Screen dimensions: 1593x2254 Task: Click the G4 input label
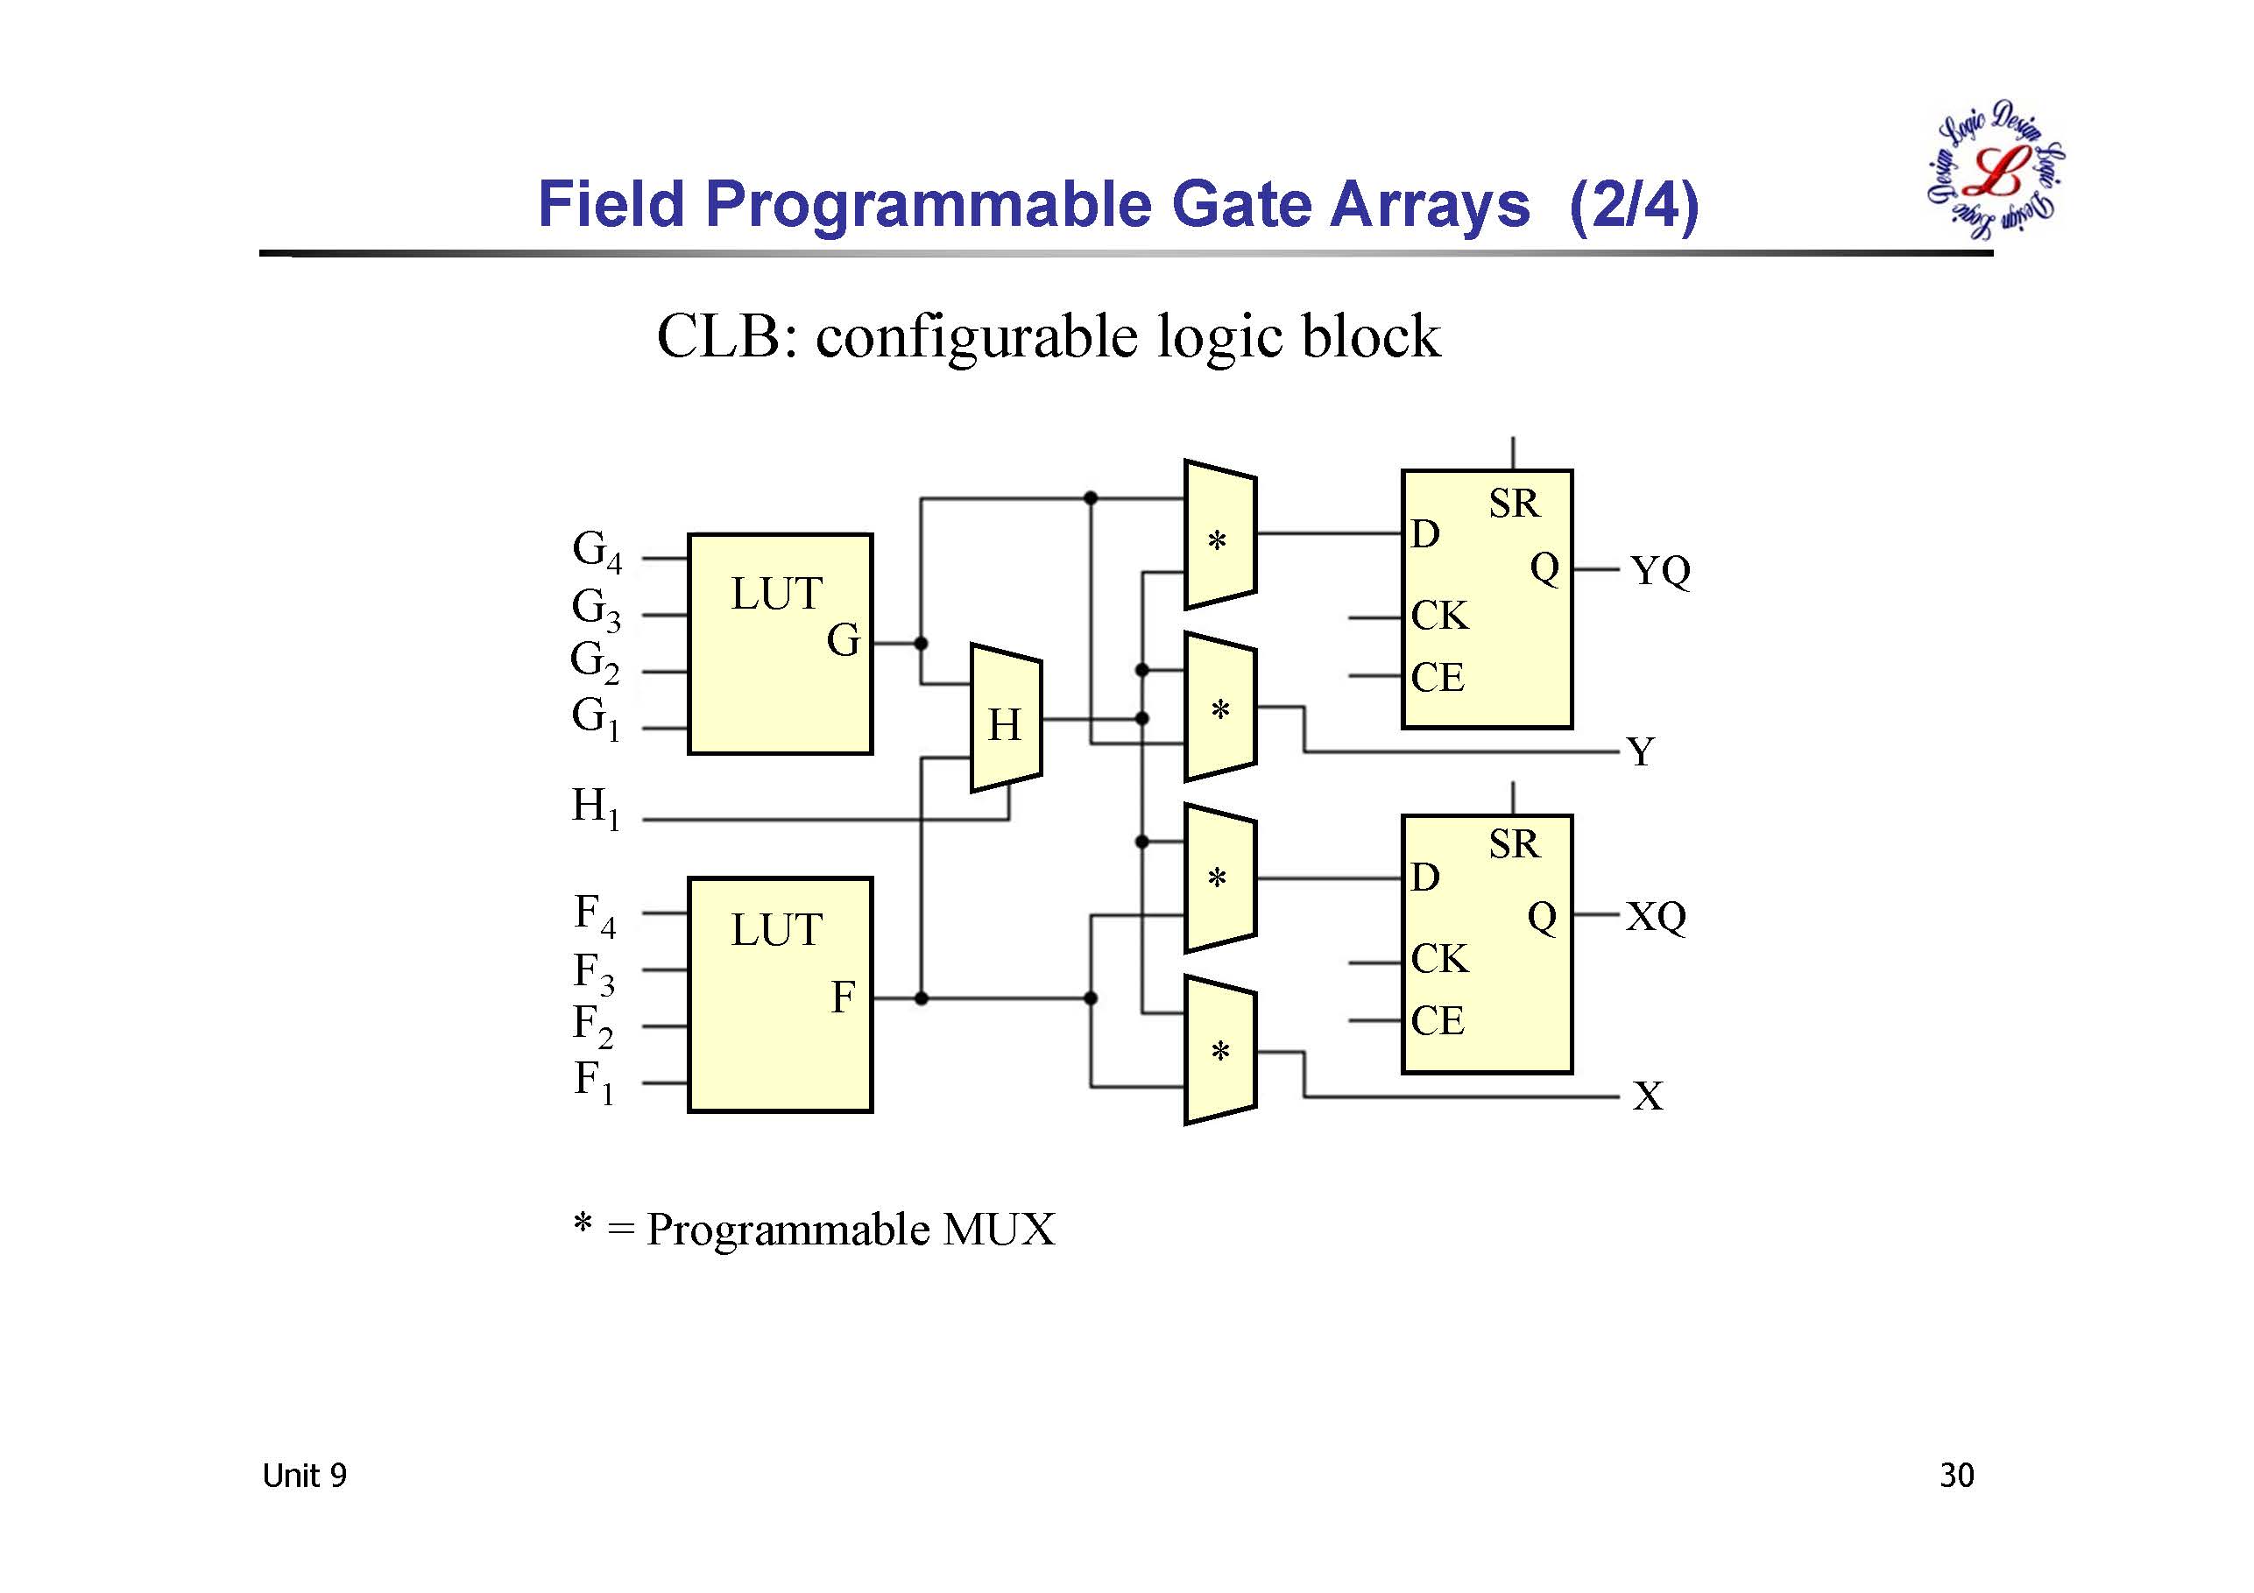pos(597,551)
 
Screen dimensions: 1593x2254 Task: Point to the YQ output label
pos(1660,570)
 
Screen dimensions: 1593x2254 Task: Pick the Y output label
pos(1641,753)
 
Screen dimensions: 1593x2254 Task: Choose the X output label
pos(1647,1096)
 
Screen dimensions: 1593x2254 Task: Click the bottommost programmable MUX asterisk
pos(1219,1052)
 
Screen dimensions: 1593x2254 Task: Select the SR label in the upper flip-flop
pos(1514,504)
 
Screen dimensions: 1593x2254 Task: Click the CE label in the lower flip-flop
pos(1438,1021)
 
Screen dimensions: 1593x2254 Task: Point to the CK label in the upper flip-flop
pos(1439,616)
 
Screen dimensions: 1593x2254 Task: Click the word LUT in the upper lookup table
pos(775,594)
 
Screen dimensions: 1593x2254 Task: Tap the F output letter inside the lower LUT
pos(844,997)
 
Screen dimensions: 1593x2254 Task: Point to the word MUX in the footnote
pos(999,1229)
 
